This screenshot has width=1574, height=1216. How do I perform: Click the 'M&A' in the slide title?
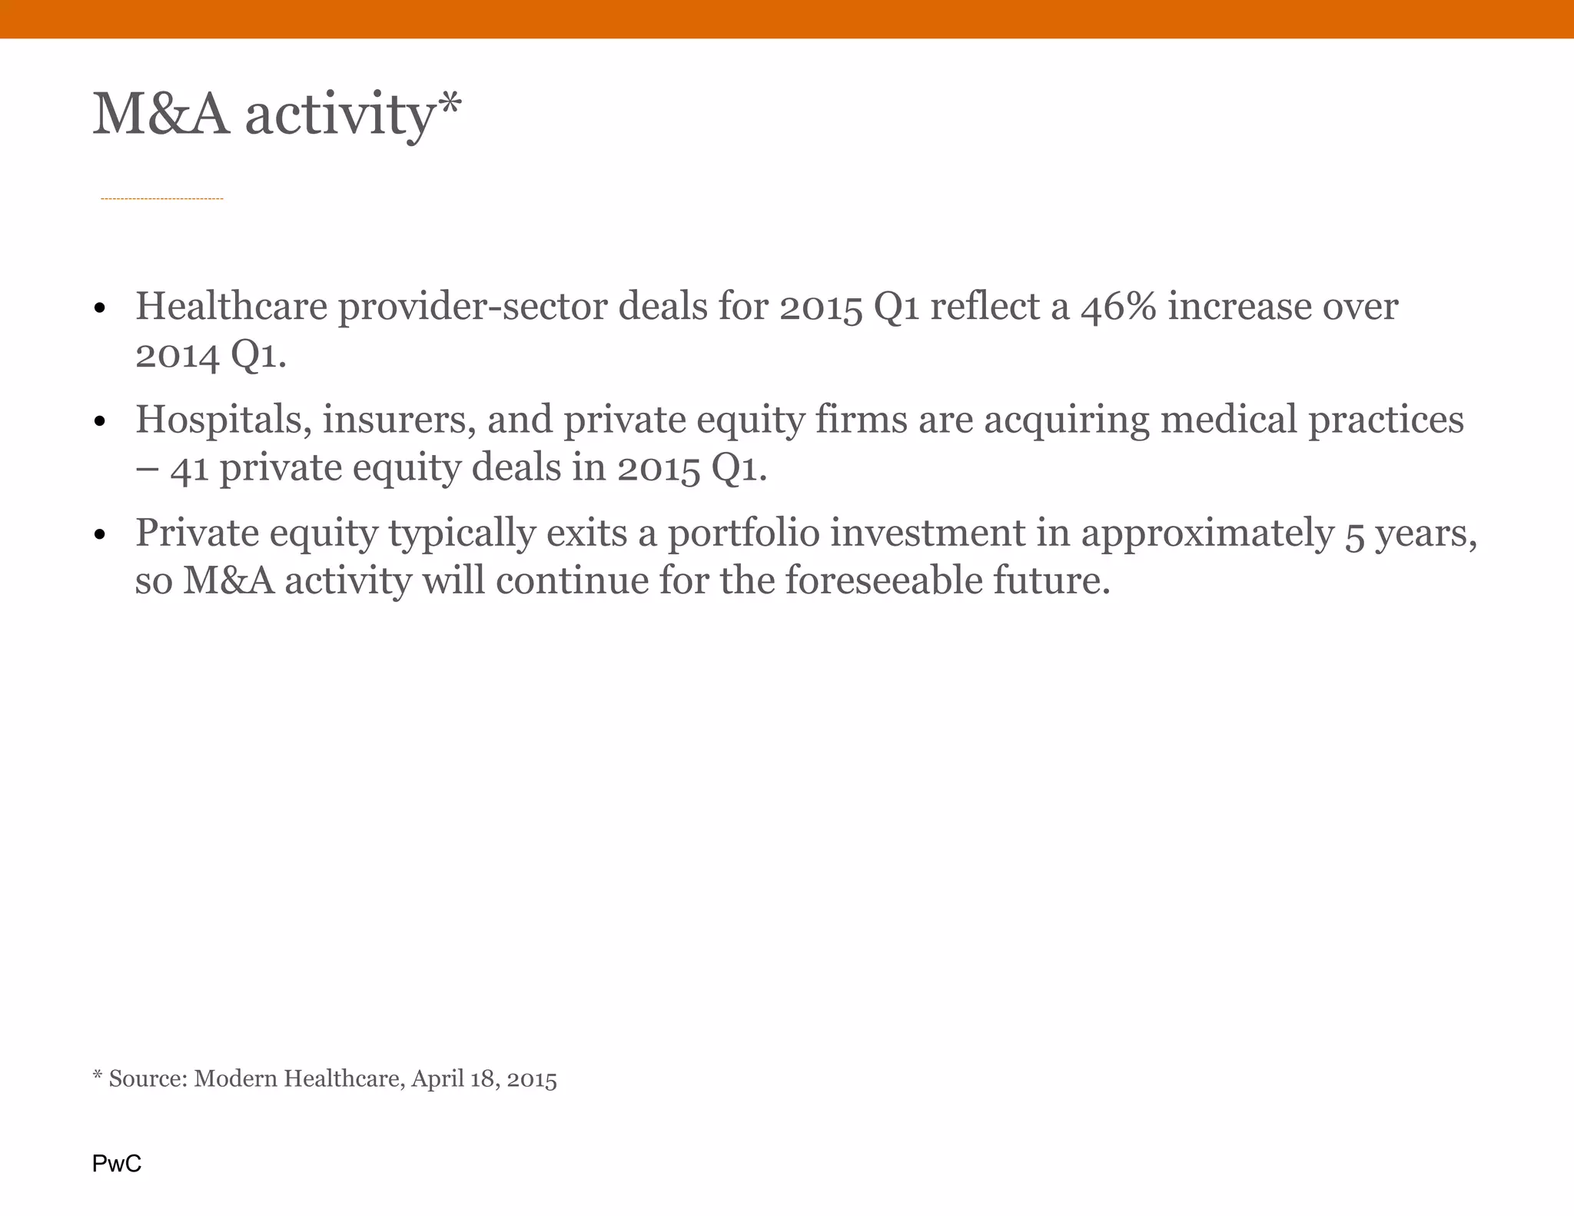[161, 115]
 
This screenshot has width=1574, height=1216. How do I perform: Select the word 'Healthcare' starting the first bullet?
[231, 307]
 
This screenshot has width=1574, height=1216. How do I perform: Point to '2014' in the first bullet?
[177, 355]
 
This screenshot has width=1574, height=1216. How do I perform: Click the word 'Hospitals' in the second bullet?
[223, 420]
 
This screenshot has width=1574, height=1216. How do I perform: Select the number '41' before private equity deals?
[189, 468]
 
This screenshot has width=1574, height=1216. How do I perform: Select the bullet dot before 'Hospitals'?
[98, 423]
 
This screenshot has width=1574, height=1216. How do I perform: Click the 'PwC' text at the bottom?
[117, 1164]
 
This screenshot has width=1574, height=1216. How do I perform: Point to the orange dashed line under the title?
[161, 199]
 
